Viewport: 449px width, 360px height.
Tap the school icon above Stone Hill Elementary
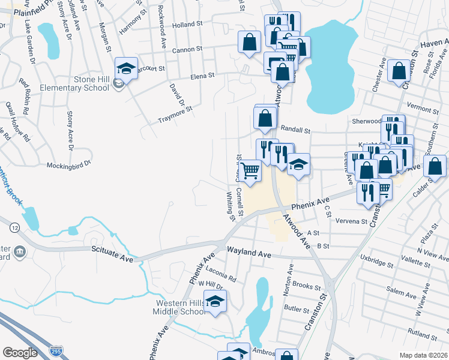click(127, 68)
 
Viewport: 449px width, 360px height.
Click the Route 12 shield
click(13, 227)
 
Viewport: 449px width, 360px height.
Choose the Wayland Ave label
click(249, 255)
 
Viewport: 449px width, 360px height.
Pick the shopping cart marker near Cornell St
click(250, 170)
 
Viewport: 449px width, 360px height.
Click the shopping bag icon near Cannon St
click(249, 43)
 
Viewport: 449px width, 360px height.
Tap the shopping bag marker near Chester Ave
click(399, 71)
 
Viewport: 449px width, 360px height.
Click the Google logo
click(20, 353)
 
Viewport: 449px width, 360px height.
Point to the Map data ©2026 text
click(423, 355)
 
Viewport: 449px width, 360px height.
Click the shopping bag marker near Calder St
click(435, 165)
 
